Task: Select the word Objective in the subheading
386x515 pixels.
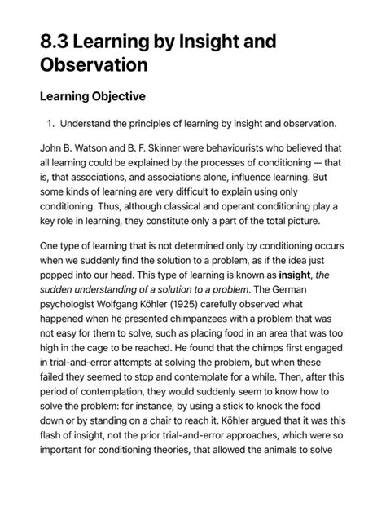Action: point(115,97)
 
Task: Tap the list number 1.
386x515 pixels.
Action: point(49,124)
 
